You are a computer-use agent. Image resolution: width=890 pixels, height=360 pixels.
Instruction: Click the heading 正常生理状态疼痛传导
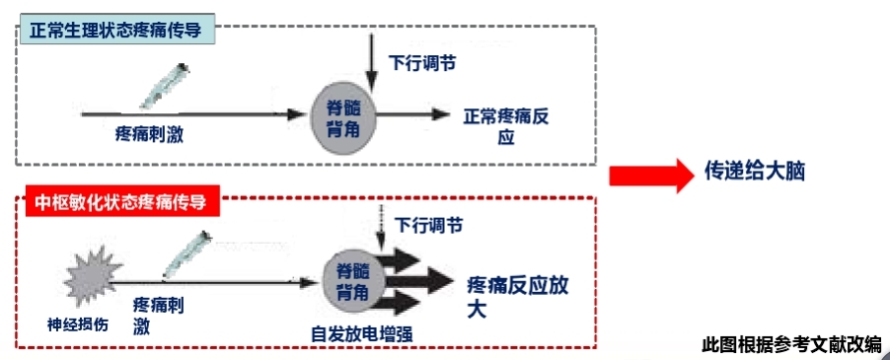(x=115, y=30)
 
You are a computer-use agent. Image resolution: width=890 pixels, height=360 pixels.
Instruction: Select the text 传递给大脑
(x=755, y=170)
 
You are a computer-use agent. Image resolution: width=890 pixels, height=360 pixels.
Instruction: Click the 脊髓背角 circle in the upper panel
(x=343, y=116)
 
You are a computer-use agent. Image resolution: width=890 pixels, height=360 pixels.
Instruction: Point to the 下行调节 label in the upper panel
(x=421, y=62)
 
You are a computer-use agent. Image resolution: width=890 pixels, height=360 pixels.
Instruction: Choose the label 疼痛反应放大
(x=517, y=296)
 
